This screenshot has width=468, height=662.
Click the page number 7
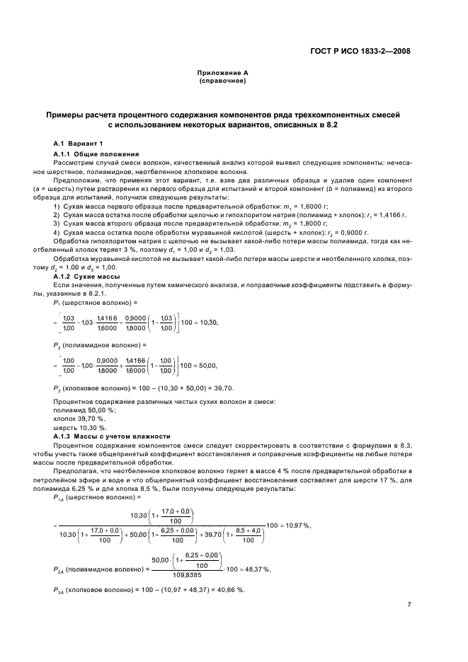tap(409, 605)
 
